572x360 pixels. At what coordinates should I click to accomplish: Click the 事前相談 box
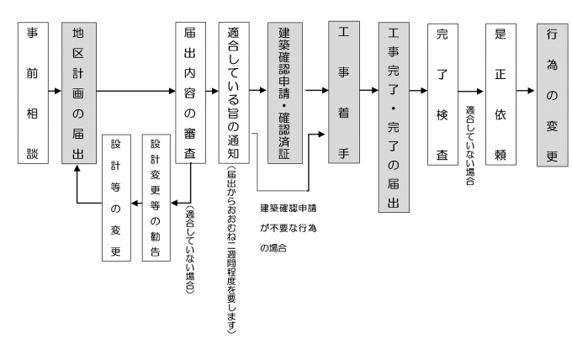(33, 93)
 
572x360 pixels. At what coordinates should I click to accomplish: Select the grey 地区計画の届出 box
(77, 93)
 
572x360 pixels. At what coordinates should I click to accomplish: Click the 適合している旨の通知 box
(234, 93)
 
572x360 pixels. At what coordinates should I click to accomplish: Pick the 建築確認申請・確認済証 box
(284, 93)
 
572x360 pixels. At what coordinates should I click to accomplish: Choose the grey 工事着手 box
(343, 93)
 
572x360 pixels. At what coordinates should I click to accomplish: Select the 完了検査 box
(442, 93)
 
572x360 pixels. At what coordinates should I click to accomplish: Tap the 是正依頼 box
(500, 93)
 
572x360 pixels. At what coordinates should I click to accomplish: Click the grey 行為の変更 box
(552, 93)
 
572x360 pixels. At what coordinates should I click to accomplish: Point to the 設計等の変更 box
(116, 197)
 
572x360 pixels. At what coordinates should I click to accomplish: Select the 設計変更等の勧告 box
(156, 197)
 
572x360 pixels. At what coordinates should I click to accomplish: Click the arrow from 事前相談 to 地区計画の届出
(54, 89)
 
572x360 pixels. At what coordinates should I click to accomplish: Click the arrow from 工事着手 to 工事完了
(368, 89)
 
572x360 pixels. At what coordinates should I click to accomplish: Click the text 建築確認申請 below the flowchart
(294, 208)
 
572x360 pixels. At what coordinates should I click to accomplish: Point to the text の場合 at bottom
(273, 249)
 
